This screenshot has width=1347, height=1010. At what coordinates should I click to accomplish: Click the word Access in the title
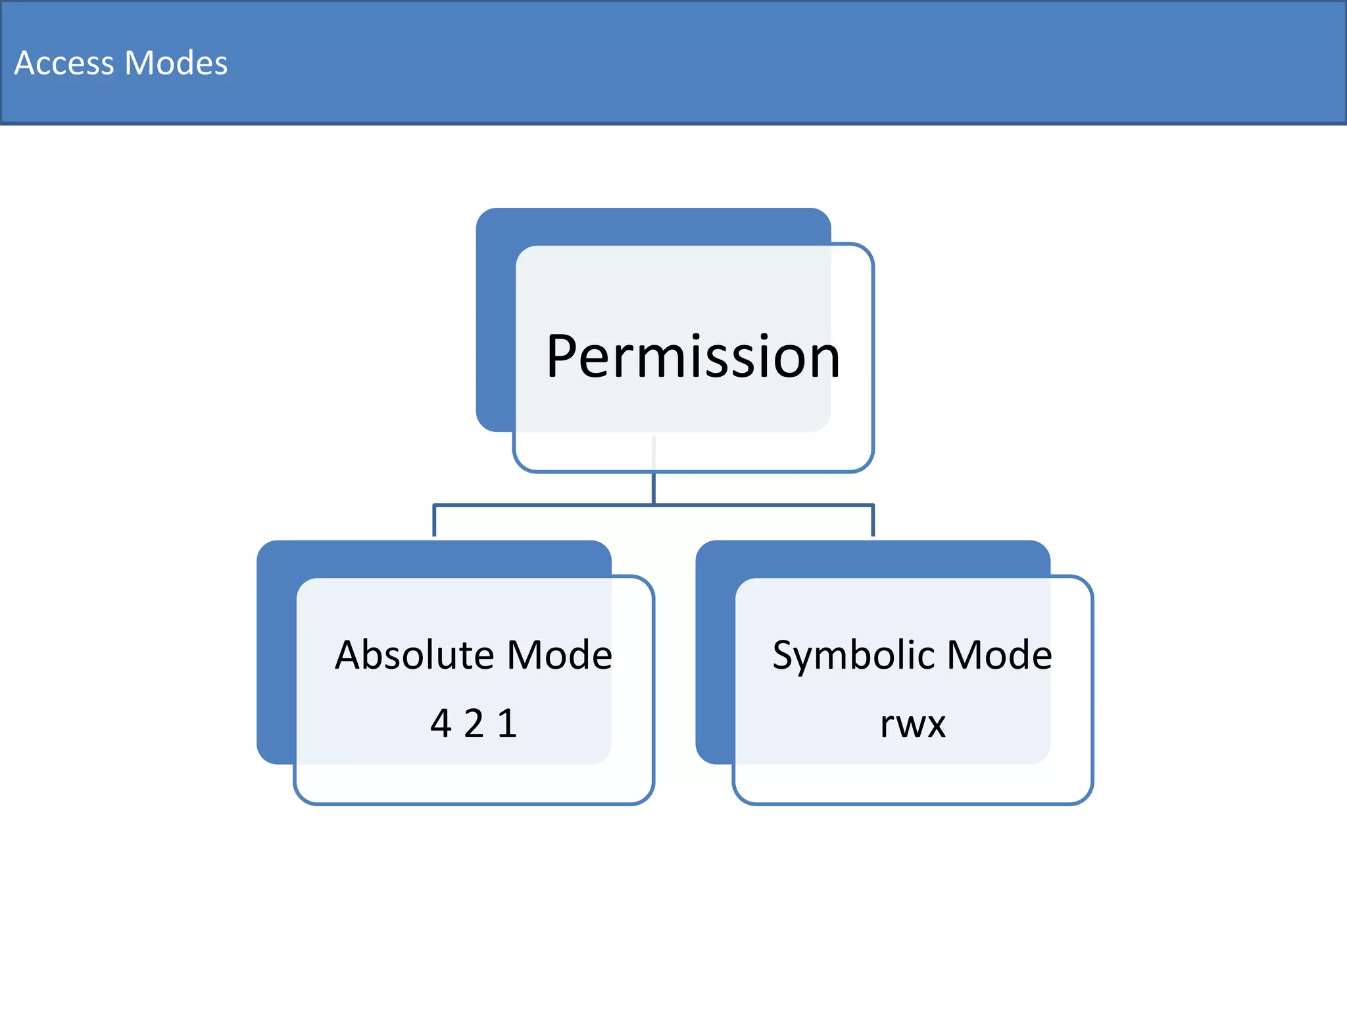pos(64,63)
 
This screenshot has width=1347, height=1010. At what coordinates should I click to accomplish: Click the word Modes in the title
pos(176,63)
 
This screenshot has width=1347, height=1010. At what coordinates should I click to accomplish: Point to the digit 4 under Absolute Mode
pos(441,723)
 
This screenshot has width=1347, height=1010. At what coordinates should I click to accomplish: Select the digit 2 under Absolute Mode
pos(474,723)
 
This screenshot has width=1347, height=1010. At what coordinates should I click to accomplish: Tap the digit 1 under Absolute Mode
pos(507,723)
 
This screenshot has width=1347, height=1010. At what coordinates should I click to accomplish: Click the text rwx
pos(912,725)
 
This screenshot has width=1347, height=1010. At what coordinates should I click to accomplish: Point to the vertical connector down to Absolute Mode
pos(434,521)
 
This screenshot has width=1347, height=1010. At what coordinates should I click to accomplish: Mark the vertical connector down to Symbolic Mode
pos(873,521)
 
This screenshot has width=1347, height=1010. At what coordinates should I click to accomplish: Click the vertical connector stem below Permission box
pos(653,488)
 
